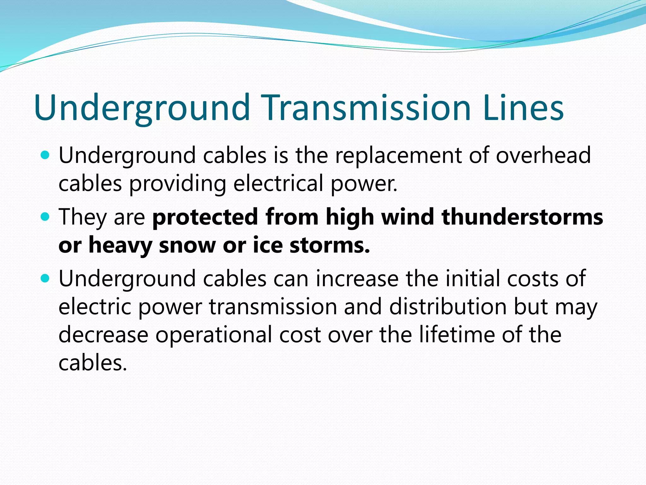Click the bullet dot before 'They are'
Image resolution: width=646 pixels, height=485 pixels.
[46, 217]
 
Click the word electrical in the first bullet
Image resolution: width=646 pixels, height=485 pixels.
[278, 183]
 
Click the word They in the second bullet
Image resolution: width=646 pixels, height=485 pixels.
[83, 218]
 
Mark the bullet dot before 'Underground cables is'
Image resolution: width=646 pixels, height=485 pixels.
[46, 155]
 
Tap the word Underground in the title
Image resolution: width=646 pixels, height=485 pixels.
[142, 108]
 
